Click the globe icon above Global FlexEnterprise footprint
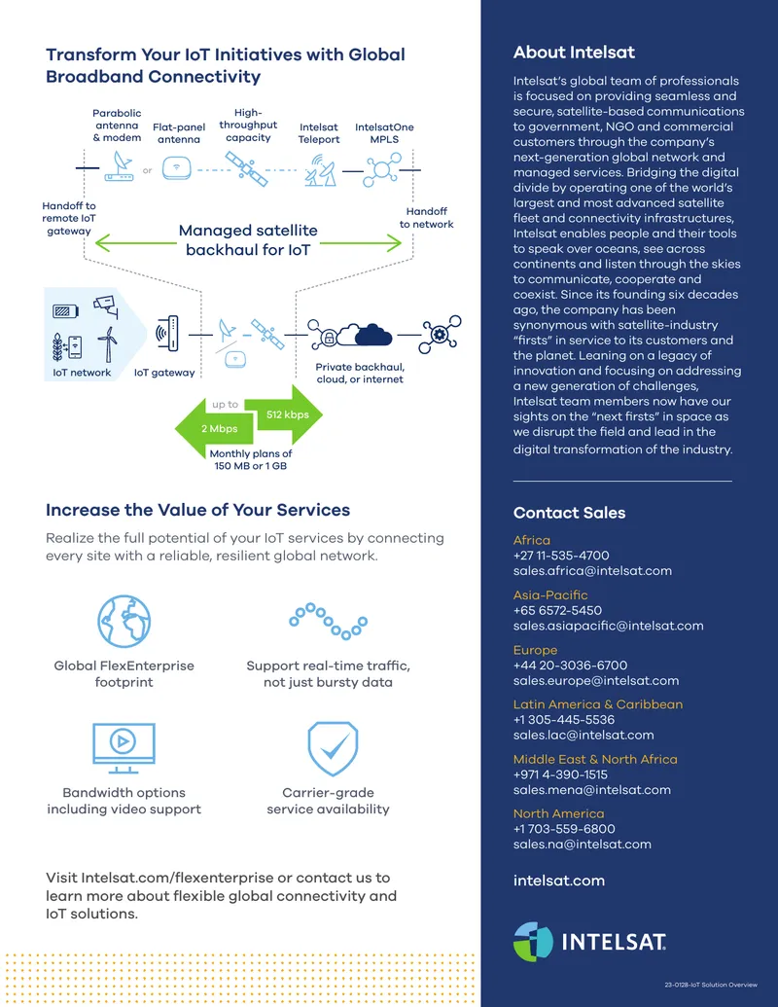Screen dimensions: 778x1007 [124, 621]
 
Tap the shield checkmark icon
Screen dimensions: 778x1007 [333, 748]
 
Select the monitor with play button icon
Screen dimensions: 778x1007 [124, 748]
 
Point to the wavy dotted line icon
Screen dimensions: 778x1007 [328, 621]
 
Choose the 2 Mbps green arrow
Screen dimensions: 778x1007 [214, 428]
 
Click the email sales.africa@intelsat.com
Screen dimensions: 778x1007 [592, 571]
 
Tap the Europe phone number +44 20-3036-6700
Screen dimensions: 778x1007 [570, 665]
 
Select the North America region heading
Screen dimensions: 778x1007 [558, 813]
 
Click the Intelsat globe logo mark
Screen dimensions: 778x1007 [534, 942]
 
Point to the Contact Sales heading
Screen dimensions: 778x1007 [569, 513]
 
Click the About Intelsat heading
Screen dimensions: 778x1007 [574, 53]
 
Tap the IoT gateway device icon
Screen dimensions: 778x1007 [167, 334]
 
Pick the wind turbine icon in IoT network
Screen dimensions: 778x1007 [108, 344]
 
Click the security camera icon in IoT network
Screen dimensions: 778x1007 [106, 306]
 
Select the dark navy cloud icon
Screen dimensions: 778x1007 [373, 336]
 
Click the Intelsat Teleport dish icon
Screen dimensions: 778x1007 [320, 170]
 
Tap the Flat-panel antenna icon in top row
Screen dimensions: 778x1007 [177, 169]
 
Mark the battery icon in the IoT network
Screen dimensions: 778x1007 [65, 311]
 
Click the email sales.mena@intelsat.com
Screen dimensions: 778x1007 [592, 790]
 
